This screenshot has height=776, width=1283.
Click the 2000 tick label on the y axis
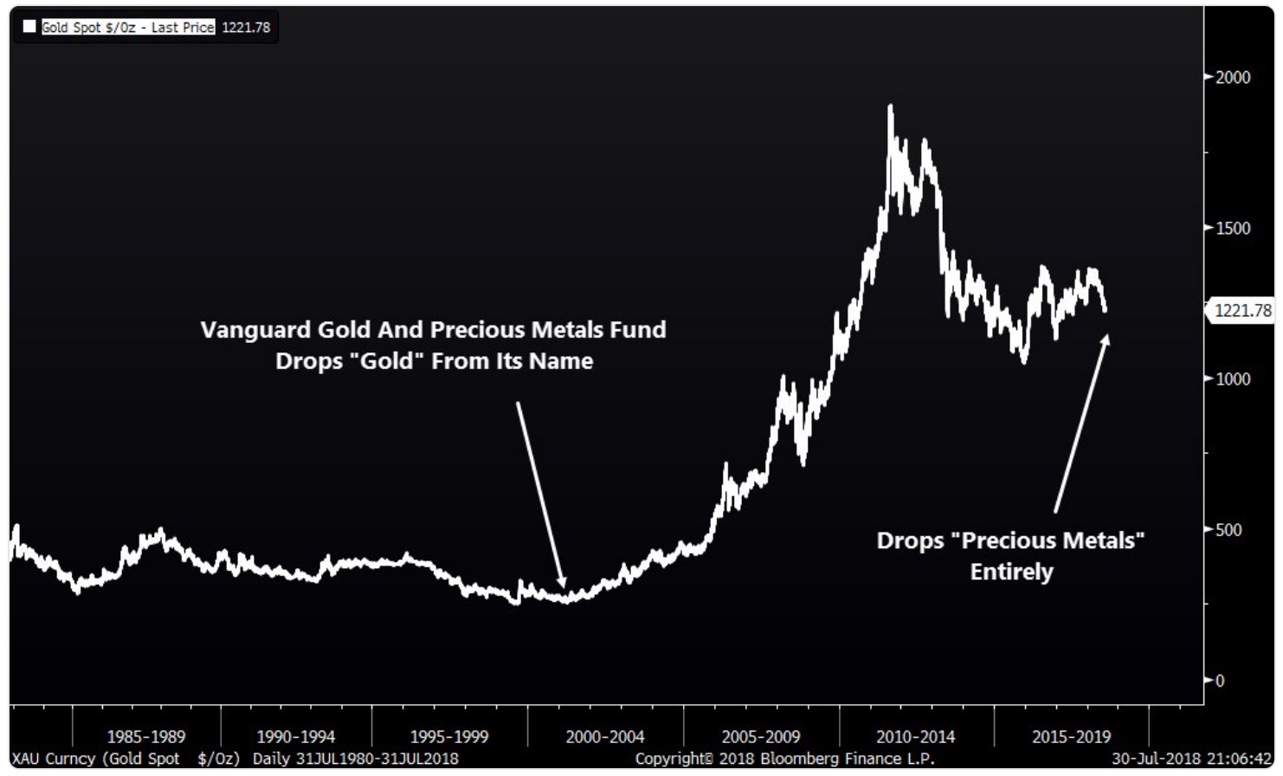1233,77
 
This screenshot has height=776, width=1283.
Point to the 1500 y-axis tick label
1233,228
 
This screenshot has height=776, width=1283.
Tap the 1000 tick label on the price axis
1233,378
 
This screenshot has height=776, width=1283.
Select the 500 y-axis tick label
1228,529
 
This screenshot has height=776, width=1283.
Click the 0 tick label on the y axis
1220,681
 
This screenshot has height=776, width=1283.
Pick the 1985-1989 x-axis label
145,737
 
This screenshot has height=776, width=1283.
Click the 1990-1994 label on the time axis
295,737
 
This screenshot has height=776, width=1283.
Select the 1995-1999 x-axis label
448,737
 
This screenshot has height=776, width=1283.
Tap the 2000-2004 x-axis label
604,737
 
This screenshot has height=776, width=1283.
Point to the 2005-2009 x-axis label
760,737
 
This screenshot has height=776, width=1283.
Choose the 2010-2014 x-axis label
915,737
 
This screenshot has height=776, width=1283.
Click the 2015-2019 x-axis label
1071,737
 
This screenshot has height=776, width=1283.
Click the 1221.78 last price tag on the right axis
1243,310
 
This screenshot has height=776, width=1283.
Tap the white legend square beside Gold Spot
29,27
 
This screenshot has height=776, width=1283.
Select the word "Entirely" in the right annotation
1011,572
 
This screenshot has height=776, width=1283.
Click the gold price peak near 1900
890,107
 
